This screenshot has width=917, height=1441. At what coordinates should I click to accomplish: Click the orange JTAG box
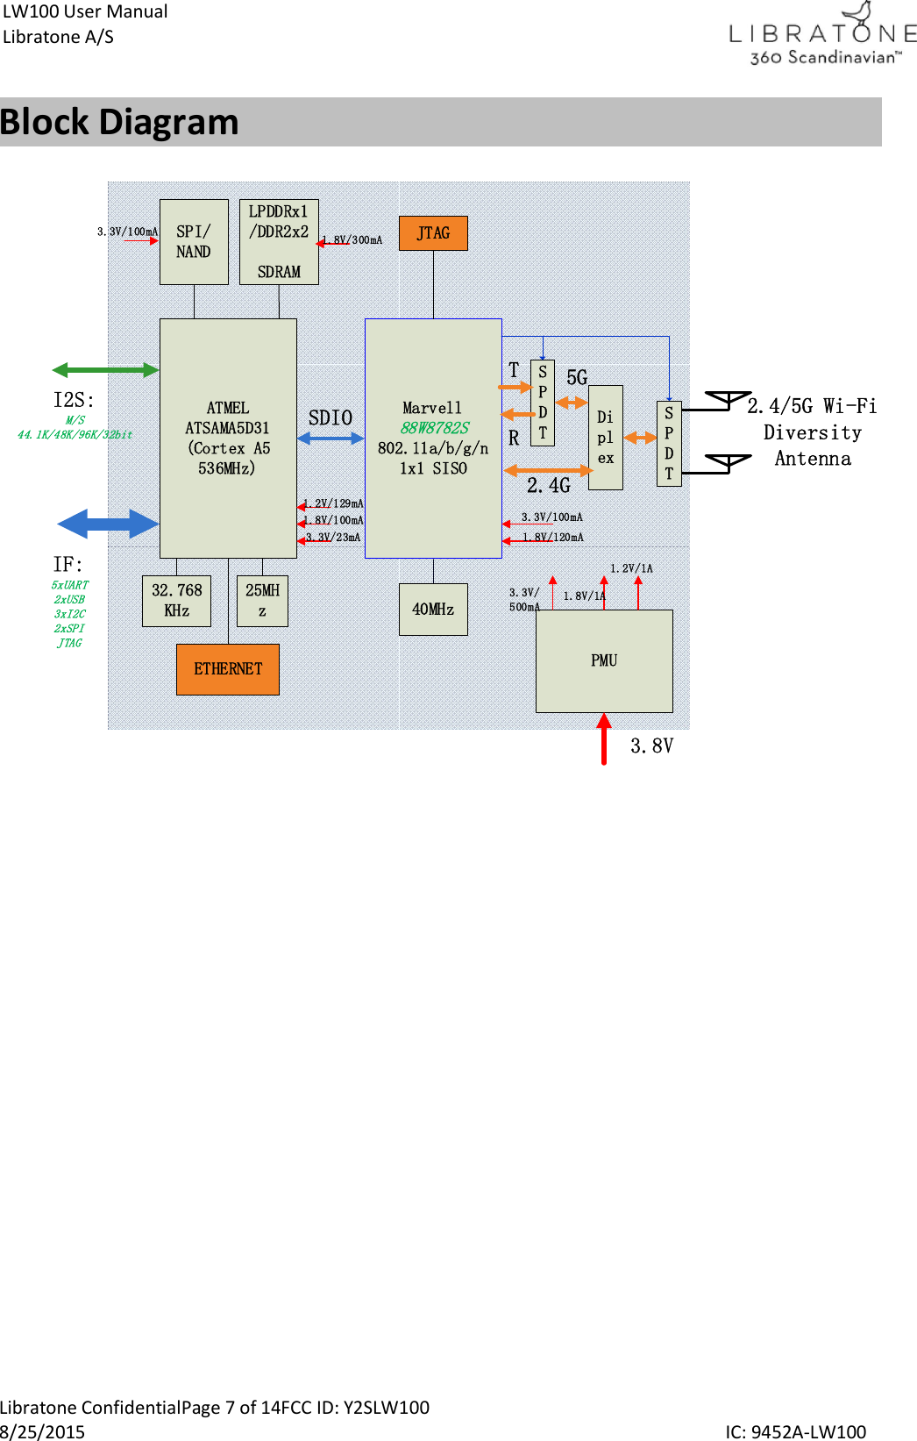[x=433, y=233]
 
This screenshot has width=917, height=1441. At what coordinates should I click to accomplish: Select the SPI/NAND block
[x=194, y=242]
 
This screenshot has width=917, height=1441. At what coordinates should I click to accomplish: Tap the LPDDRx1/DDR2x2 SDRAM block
[x=279, y=242]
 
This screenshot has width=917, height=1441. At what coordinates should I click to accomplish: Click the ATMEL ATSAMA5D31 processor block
[x=228, y=438]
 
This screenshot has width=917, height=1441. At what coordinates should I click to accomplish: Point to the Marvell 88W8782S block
[x=433, y=438]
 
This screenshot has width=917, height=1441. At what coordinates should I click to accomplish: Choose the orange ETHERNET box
[x=228, y=669]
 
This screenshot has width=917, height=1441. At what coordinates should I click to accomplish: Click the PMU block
[x=604, y=660]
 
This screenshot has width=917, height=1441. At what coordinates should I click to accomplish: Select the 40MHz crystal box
[x=433, y=609]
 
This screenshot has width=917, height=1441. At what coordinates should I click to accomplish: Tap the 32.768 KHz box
[x=176, y=601]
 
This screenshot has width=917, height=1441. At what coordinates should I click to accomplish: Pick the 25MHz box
[x=262, y=601]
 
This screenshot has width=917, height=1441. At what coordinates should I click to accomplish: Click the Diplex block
[x=606, y=438]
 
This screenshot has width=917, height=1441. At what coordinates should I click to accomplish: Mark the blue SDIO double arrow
[x=331, y=438]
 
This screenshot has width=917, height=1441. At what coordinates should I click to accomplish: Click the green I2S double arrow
[x=105, y=370]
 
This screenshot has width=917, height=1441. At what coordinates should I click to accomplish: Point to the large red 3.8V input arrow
[x=604, y=738]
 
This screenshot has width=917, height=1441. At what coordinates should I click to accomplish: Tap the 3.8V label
[x=651, y=745]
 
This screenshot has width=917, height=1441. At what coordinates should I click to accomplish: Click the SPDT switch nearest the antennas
[x=669, y=443]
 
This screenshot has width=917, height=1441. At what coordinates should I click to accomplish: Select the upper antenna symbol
[x=729, y=400]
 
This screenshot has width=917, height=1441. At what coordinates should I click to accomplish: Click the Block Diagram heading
[x=119, y=122]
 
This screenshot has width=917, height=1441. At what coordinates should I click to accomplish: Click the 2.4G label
[x=549, y=485]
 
